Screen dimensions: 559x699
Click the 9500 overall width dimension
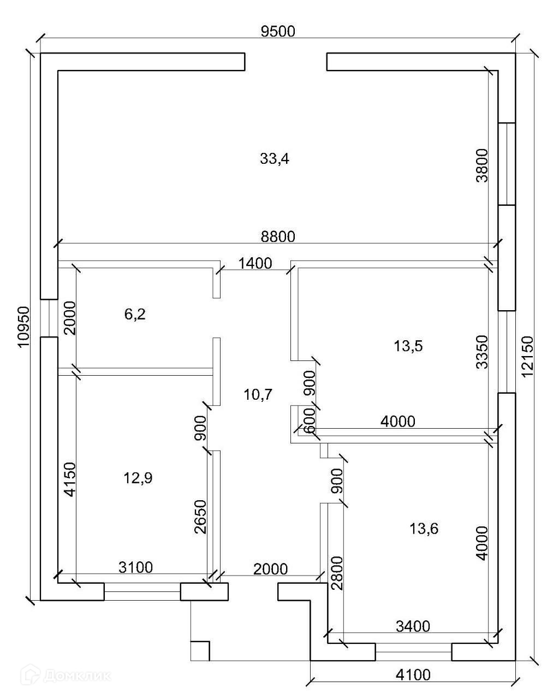pos(278,32)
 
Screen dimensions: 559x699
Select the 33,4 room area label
pos(275,159)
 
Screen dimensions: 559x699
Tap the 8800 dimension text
pos(278,236)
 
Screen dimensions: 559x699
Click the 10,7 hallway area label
pos(259,394)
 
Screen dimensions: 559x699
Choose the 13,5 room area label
pos(408,346)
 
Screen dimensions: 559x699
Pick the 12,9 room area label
pos(138,478)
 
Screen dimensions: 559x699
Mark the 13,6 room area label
pos(424,528)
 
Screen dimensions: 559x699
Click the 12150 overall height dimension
pos(527,357)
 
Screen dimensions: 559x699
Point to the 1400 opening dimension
pos(255,264)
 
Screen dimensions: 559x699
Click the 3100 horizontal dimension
pos(136,567)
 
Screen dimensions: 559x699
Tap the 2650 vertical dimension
pos(200,517)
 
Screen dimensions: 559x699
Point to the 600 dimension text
pos(309,421)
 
